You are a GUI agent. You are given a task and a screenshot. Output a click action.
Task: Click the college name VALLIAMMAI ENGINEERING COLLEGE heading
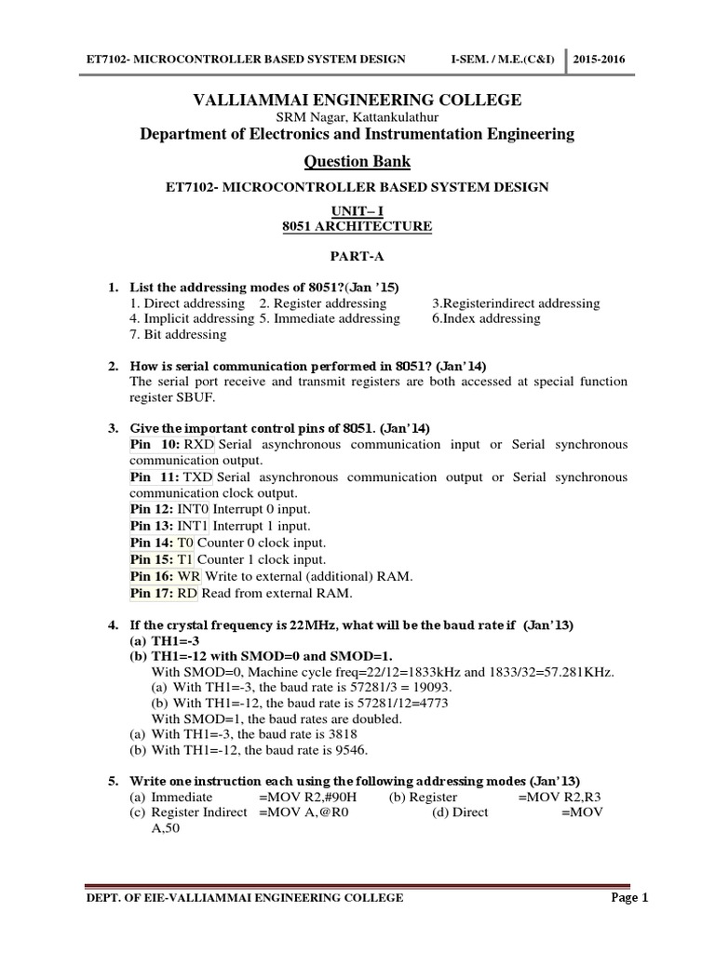tap(357, 101)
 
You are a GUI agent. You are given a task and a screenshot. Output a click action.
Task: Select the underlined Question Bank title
tap(357, 163)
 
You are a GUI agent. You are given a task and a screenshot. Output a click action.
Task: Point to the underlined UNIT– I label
tap(357, 212)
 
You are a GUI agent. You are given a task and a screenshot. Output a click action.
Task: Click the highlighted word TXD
tap(199, 477)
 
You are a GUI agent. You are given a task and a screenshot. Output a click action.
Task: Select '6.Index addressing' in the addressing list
tap(485, 318)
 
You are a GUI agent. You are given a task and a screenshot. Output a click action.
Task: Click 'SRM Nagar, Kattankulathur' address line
tap(357, 118)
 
